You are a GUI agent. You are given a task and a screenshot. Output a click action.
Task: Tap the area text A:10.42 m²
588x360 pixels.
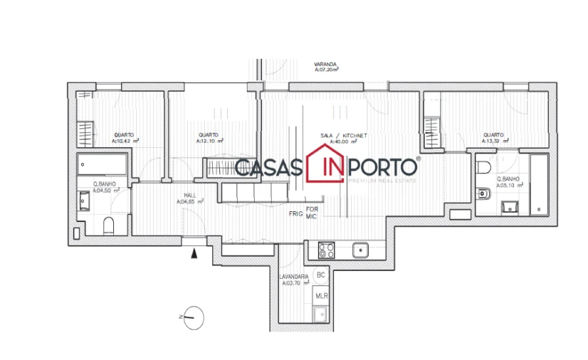click(125, 141)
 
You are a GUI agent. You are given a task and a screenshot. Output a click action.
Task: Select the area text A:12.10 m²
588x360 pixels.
click(210, 141)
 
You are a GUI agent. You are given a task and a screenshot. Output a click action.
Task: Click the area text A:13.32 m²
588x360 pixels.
click(495, 141)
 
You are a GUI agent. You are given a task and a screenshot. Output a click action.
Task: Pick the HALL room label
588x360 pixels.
click(190, 195)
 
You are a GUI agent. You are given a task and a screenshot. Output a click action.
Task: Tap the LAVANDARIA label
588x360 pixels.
click(293, 276)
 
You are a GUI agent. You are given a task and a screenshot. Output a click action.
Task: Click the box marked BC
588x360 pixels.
click(321, 275)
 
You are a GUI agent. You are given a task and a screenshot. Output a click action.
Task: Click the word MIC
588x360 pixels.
click(312, 216)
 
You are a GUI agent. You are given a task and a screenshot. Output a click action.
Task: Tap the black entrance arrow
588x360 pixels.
click(194, 250)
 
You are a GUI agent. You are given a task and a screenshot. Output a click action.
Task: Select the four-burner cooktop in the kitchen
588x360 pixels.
click(327, 250)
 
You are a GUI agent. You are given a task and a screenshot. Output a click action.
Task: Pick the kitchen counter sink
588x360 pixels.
click(360, 250)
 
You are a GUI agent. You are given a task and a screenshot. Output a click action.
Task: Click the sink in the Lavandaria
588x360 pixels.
click(320, 314)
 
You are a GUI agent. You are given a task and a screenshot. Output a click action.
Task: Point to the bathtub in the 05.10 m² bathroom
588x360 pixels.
click(539, 184)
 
